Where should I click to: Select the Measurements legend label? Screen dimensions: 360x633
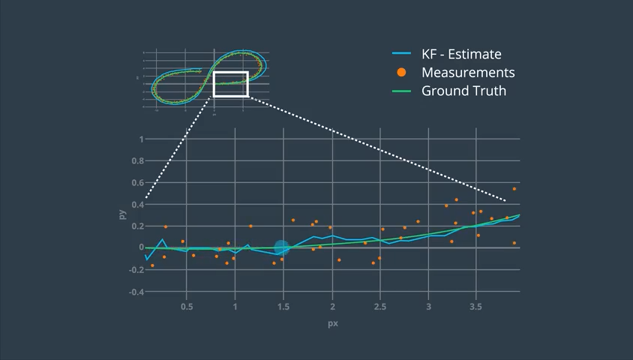coord(468,73)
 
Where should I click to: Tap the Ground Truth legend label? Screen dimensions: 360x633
coord(463,91)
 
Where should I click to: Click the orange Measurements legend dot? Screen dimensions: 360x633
coord(402,73)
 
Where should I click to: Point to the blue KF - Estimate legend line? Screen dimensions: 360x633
coord(402,54)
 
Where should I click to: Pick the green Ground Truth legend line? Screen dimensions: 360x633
coord(402,91)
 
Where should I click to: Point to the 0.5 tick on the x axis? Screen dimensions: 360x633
coord(187,307)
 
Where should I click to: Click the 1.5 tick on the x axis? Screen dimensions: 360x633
coord(283,307)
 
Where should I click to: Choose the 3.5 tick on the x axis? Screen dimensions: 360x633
coord(475,307)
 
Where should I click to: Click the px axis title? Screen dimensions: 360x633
coord(331,324)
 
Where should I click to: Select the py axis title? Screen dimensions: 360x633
coord(122,214)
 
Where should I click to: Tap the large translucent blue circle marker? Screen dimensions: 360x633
coord(282,247)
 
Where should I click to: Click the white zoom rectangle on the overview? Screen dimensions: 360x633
coord(230,84)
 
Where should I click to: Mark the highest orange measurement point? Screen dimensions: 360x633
coord(514,189)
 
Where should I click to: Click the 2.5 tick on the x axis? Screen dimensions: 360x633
coord(379,307)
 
